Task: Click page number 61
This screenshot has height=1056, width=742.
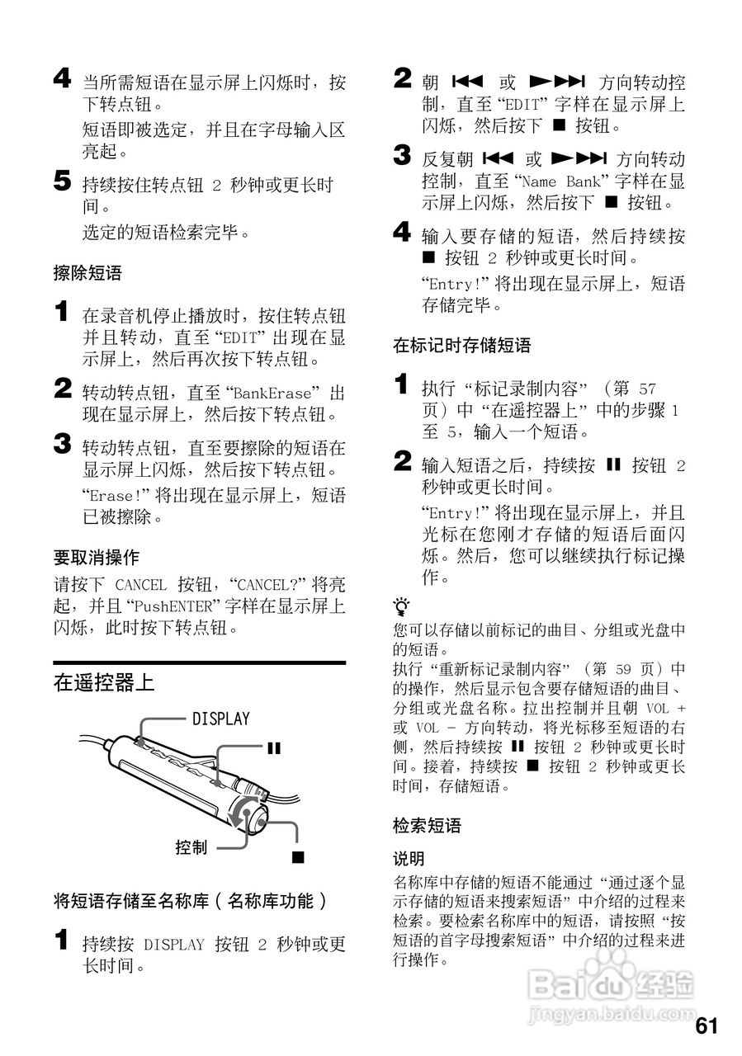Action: (x=707, y=1025)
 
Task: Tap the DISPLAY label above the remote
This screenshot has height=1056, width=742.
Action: (x=220, y=719)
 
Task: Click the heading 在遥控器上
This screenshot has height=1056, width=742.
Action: (x=104, y=682)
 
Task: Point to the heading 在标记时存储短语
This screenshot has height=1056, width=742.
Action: (x=461, y=345)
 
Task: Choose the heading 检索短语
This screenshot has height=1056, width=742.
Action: (x=427, y=825)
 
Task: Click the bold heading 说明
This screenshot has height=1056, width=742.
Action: (x=409, y=859)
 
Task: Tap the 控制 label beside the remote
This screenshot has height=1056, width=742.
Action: (x=191, y=847)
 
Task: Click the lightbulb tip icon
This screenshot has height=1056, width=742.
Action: (x=402, y=608)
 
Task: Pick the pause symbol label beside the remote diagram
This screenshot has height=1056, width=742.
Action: (x=273, y=748)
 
